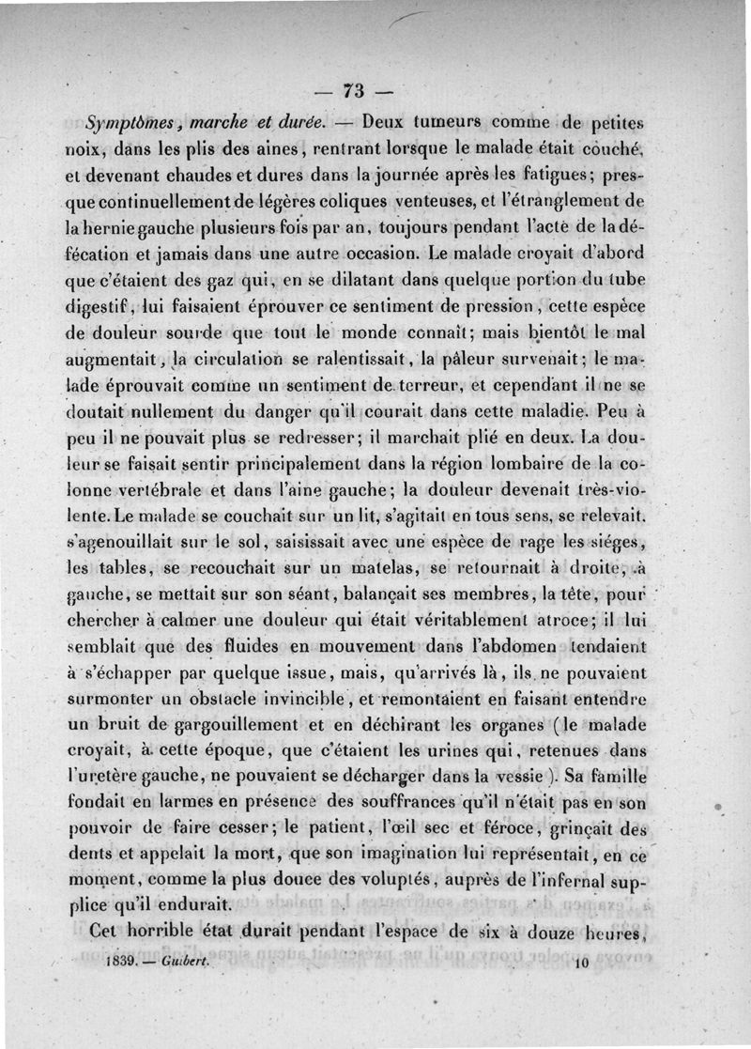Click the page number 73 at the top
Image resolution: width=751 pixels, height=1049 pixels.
coord(354,91)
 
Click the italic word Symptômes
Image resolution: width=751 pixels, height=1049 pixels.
coord(125,122)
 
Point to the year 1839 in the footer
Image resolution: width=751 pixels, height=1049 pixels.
coord(122,964)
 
